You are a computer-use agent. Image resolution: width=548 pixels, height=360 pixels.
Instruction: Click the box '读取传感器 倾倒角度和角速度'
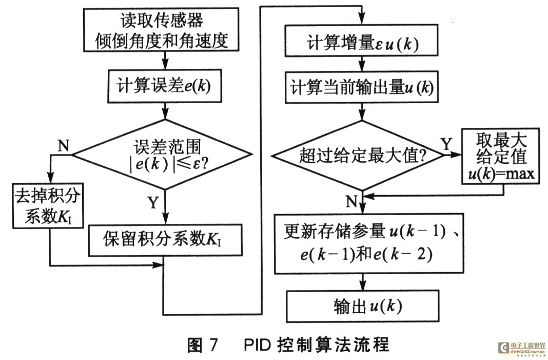click(x=161, y=30)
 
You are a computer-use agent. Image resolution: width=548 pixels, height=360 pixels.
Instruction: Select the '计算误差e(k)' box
click(x=165, y=86)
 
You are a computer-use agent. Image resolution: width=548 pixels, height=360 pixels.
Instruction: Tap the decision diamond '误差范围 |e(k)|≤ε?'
click(x=161, y=154)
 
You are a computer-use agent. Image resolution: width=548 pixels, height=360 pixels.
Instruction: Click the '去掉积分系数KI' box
click(x=48, y=206)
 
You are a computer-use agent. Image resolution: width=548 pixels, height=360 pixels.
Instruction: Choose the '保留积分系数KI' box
click(x=165, y=240)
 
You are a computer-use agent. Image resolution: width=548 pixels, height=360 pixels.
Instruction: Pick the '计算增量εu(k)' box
click(x=361, y=40)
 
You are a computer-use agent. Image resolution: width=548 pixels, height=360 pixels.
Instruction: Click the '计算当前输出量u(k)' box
click(x=362, y=87)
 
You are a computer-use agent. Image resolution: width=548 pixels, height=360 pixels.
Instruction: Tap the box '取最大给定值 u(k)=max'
click(x=501, y=156)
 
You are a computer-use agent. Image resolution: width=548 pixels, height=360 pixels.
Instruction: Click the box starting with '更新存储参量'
click(x=369, y=243)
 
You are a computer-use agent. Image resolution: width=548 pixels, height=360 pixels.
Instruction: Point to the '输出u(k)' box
click(x=363, y=306)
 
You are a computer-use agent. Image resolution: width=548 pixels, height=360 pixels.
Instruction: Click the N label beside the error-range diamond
click(x=63, y=145)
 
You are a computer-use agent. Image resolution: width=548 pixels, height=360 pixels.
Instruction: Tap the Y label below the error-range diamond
click(x=153, y=202)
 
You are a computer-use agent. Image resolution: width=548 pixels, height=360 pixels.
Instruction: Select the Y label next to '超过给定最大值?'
click(x=446, y=143)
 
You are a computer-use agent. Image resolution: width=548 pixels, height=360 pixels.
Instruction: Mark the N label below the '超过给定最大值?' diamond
click(x=351, y=201)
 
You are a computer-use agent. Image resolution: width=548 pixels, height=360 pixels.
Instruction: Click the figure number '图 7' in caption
click(x=202, y=345)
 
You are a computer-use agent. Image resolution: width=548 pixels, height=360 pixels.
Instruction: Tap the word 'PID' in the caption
click(x=257, y=345)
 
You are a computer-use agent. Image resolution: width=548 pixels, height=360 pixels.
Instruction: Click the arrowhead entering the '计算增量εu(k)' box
click(x=362, y=19)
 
